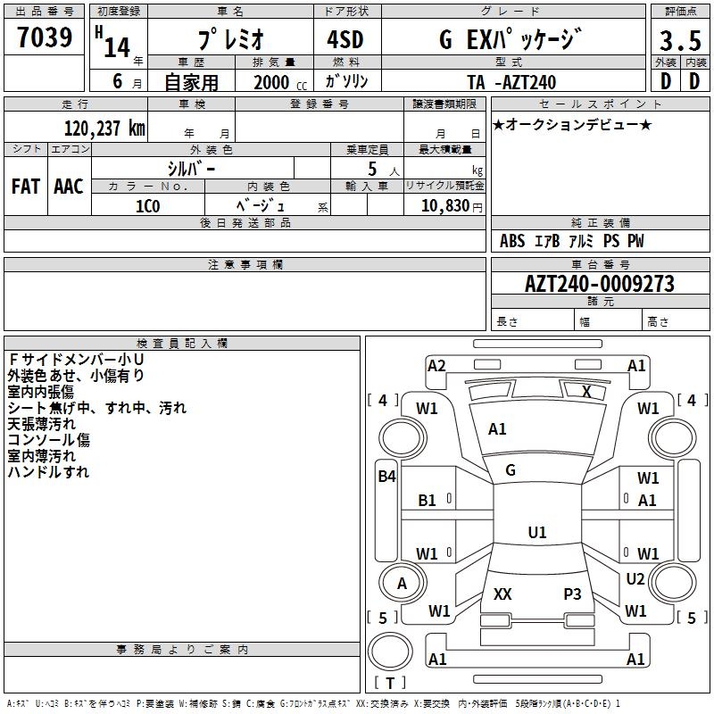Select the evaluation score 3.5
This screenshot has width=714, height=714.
tap(678, 41)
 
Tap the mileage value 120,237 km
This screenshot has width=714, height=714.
tap(104, 129)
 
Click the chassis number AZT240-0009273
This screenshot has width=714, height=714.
tap(600, 285)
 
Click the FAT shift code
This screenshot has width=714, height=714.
tap(26, 187)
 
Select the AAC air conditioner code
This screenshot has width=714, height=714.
tap(68, 187)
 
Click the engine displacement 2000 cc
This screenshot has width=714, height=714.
tap(278, 82)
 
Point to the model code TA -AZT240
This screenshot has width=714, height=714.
tap(511, 82)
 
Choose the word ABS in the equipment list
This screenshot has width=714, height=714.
tap(512, 242)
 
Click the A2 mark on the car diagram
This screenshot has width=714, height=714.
tap(436, 365)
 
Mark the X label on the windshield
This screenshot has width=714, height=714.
tap(586, 391)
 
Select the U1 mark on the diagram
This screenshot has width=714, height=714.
tap(536, 533)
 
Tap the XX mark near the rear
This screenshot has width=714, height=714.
tap(502, 594)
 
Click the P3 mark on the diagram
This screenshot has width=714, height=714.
tap(572, 594)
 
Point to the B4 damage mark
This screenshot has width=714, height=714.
tap(386, 477)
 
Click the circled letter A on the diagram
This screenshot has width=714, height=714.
tap(402, 584)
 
